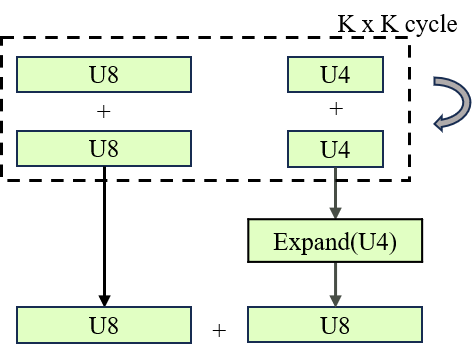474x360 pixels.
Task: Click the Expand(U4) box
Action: click(335, 241)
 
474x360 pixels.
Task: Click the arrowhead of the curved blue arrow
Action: click(440, 124)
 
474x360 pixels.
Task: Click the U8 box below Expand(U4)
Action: click(335, 325)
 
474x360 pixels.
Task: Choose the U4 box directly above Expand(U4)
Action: click(335, 150)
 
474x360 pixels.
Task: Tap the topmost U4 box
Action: click(335, 74)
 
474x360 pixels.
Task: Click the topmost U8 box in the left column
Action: click(104, 74)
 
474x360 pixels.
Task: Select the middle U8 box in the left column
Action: click(104, 150)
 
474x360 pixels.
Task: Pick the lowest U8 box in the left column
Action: click(104, 325)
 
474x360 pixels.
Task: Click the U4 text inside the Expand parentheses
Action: click(369, 242)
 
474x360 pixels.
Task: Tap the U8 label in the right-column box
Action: click(335, 325)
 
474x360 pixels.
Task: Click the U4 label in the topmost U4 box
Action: click(335, 74)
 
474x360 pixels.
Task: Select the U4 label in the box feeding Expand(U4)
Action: click(335, 150)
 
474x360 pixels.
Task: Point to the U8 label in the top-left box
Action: click(104, 74)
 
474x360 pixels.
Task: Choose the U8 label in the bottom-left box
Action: click(104, 325)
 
